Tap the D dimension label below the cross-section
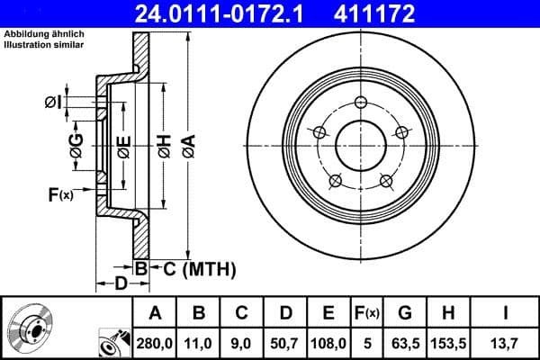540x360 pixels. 121,283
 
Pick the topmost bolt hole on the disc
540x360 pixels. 360,102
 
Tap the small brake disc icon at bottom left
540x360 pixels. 33,329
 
